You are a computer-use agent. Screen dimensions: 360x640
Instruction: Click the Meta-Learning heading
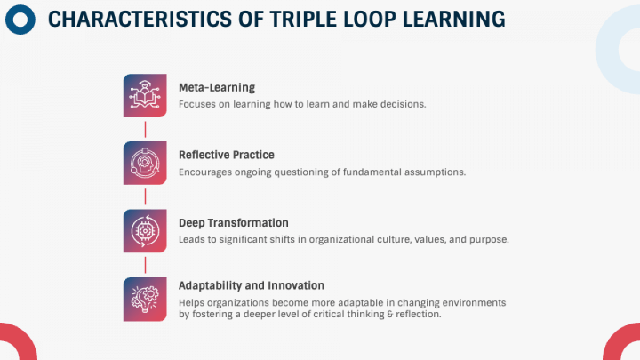(x=217, y=87)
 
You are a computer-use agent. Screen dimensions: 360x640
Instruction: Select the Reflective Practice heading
(x=226, y=155)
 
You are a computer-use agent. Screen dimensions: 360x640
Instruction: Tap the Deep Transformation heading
(x=233, y=222)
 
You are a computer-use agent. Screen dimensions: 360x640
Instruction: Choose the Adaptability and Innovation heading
(x=251, y=285)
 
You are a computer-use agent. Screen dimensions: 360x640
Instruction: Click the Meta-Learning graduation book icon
(x=145, y=95)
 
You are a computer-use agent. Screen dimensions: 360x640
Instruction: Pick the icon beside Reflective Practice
(x=145, y=163)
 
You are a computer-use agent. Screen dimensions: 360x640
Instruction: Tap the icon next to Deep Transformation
(x=145, y=230)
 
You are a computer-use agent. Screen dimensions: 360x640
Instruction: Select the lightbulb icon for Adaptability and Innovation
(x=145, y=298)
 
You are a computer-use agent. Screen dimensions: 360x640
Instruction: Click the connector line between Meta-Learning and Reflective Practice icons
(x=145, y=129)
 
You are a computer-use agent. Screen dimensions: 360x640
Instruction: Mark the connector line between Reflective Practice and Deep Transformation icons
(x=145, y=196)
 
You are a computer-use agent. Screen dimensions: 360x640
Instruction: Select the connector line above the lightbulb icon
(x=145, y=264)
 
